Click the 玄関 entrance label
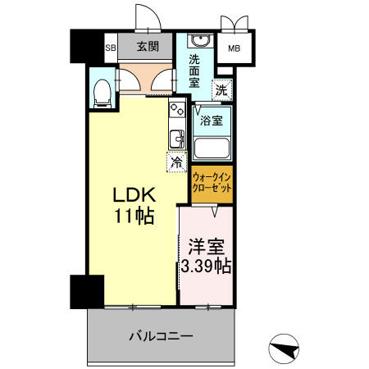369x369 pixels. pyautogui.click(x=148, y=47)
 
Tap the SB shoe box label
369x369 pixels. pyautogui.click(x=110, y=48)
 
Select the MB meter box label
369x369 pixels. pyautogui.click(x=234, y=48)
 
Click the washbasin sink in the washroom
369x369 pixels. pyautogui.click(x=199, y=42)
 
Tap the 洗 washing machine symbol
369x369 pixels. pyautogui.click(x=222, y=88)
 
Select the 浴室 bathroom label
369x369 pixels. pyautogui.click(x=212, y=120)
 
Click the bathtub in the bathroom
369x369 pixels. pyautogui.click(x=212, y=148)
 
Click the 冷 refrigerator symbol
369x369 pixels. pyautogui.click(x=175, y=162)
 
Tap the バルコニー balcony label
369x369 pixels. pyautogui.click(x=160, y=335)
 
